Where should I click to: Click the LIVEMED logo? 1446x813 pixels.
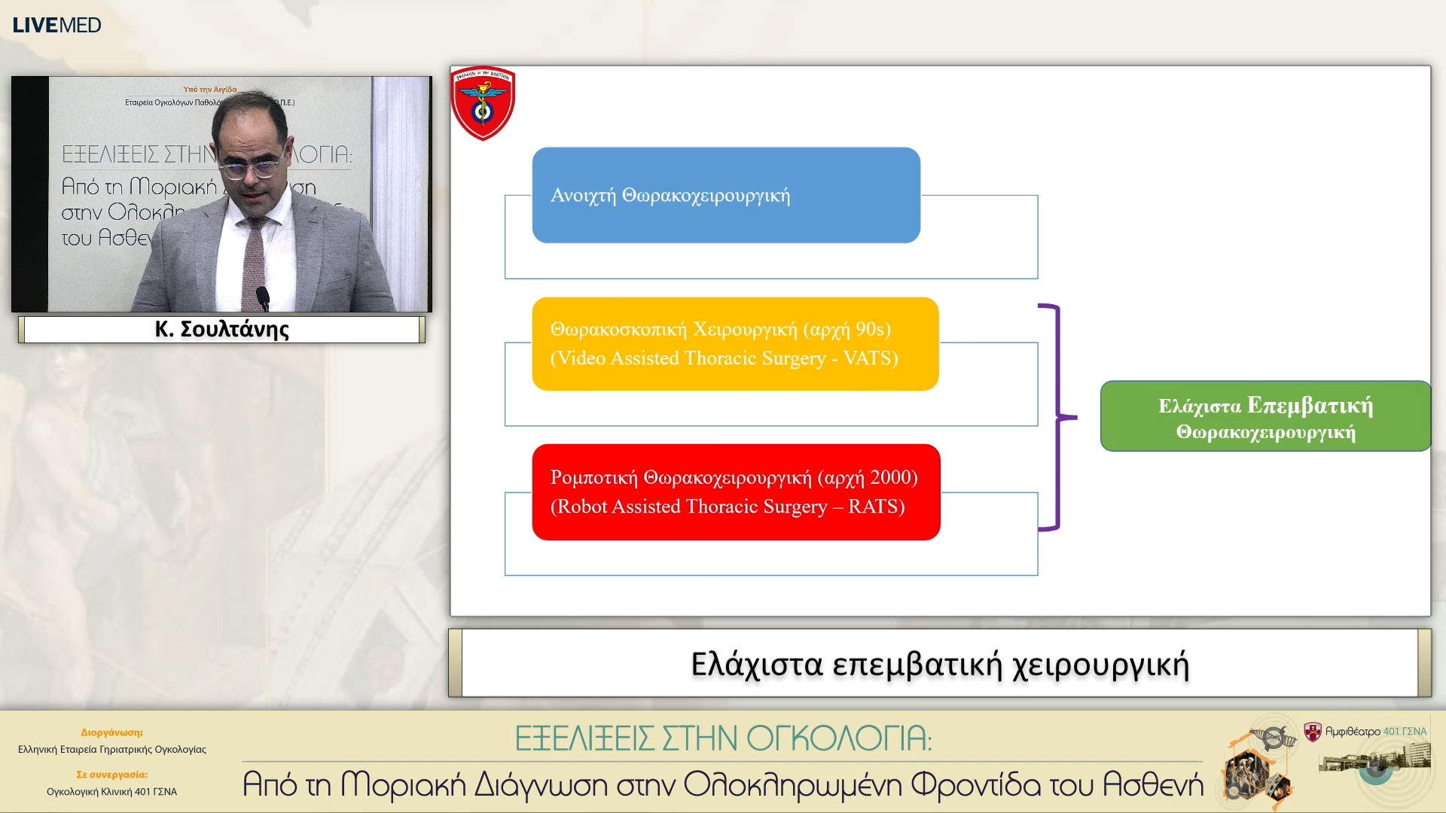click(x=56, y=25)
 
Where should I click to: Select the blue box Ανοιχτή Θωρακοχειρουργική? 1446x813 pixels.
click(x=725, y=195)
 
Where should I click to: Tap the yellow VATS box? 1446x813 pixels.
click(x=734, y=344)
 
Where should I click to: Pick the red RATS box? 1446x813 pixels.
click(x=735, y=492)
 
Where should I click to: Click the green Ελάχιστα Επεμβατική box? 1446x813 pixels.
click(x=1264, y=416)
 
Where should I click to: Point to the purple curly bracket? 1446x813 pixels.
click(x=1057, y=417)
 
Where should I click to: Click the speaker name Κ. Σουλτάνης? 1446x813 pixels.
click(x=221, y=329)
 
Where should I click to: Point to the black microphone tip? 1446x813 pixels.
click(x=263, y=294)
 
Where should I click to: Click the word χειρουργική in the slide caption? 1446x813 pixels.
click(x=1100, y=665)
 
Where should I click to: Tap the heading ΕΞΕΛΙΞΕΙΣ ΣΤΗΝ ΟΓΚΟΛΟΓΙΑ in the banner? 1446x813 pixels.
click(x=723, y=738)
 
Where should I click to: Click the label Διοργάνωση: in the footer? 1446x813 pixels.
click(x=111, y=732)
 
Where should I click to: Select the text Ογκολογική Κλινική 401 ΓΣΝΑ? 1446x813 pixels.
click(x=111, y=791)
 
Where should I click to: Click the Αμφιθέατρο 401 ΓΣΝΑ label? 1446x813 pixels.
click(x=1375, y=731)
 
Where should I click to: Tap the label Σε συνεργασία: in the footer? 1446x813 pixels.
click(x=111, y=774)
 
